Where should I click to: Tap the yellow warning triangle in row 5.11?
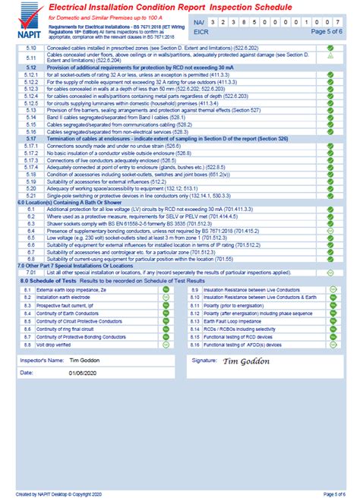330,56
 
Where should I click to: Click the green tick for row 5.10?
330,47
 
